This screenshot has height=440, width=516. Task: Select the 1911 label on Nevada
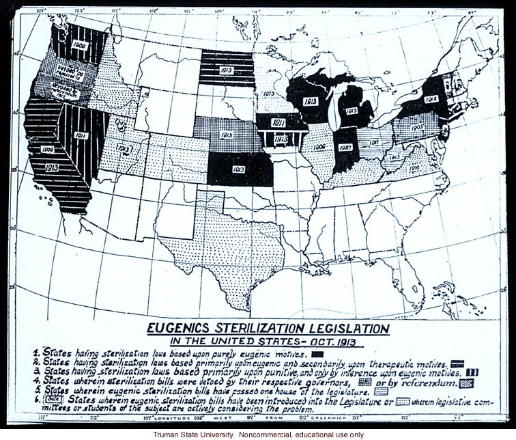[81, 135]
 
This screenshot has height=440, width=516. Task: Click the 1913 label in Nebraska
[227, 135]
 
